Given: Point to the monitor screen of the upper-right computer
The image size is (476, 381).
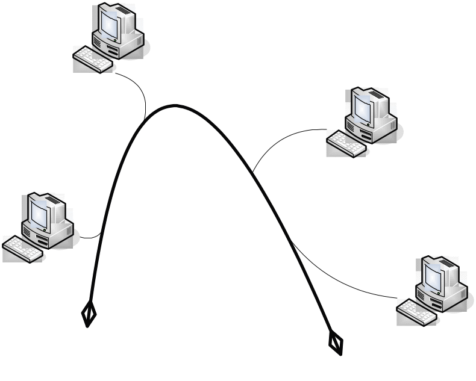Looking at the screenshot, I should tap(364, 108).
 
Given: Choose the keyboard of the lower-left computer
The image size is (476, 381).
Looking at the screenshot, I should tap(23, 249).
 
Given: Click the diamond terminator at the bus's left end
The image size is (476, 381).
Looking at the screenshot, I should tap(89, 313).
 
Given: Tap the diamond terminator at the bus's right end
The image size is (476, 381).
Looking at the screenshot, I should tap(336, 343).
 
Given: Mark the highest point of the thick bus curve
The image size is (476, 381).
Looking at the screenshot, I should tap(175, 106).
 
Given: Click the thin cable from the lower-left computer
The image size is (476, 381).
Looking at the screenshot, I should tap(90, 237).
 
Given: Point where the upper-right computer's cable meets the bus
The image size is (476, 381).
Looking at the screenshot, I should tap(253, 172).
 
